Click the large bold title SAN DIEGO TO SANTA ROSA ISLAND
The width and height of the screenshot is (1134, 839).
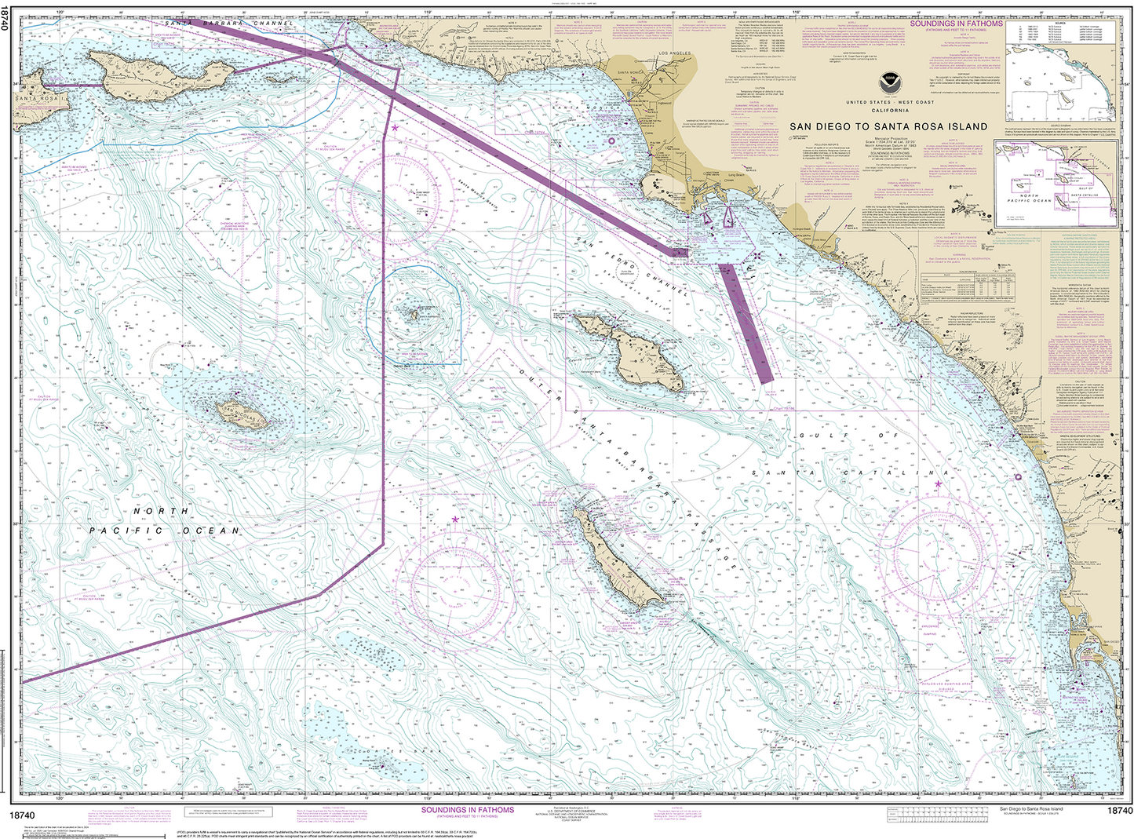(888, 126)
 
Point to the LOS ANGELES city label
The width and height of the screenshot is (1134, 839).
(676, 53)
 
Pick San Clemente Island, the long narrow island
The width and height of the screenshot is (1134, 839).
(620, 562)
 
